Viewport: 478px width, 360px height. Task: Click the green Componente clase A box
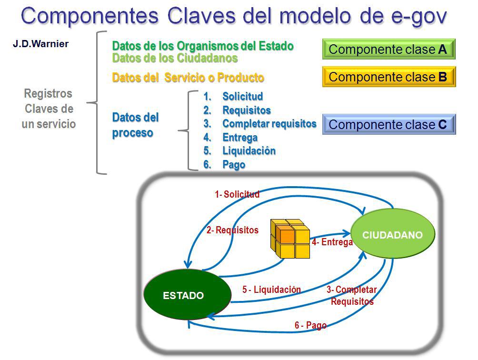tap(388, 50)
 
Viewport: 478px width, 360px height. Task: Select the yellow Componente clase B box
tap(388, 77)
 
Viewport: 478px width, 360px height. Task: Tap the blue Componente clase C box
tap(388, 125)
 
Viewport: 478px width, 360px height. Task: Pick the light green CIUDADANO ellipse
tap(393, 235)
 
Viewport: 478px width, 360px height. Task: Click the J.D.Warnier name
tap(41, 44)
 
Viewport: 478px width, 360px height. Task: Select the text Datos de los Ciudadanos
tap(175, 59)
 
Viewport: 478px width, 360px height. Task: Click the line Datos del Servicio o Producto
tap(188, 78)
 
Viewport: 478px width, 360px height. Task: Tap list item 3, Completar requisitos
tap(269, 124)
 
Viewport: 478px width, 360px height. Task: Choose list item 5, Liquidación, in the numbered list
tap(249, 151)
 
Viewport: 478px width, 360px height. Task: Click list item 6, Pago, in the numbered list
tap(233, 165)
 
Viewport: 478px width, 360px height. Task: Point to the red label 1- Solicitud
tap(237, 194)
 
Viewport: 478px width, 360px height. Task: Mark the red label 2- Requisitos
tap(232, 230)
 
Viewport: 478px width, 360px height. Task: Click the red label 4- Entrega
tap(332, 242)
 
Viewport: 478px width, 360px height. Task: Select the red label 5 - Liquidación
tap(271, 290)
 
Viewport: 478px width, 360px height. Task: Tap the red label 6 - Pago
tap(310, 326)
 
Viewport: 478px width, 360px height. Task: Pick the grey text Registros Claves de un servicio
tap(49, 109)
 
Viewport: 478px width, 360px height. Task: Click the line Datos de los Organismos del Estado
tap(203, 46)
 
